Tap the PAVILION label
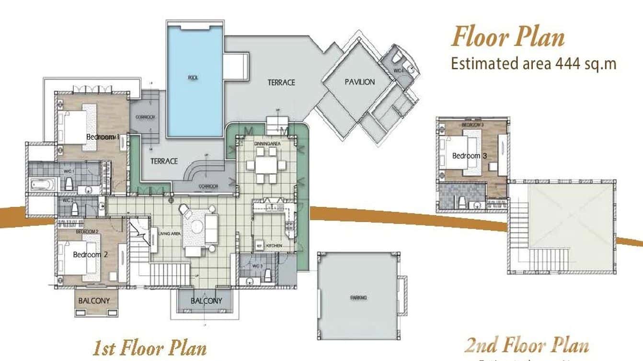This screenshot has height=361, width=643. point(359,82)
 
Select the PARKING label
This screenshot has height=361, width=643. point(358,298)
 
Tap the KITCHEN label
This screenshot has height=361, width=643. point(274,246)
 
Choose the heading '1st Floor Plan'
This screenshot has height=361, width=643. point(149,348)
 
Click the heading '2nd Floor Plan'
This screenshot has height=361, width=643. point(527,345)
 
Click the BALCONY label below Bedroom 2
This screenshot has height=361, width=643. point(94,301)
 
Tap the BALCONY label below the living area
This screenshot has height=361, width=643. point(206,301)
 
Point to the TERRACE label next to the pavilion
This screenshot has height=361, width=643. point(281,82)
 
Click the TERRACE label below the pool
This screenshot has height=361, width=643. point(164,161)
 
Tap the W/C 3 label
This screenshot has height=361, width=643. point(257,266)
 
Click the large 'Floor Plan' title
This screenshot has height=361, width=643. point(508,37)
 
